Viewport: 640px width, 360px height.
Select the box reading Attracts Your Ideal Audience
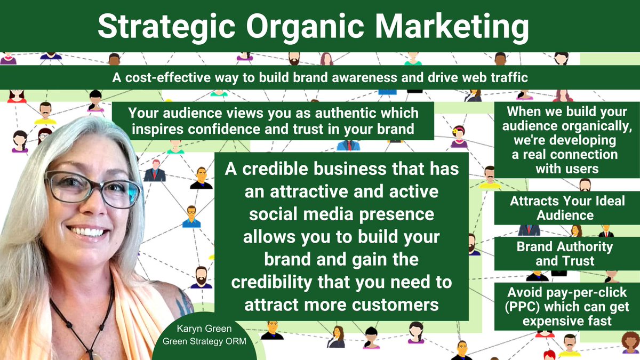(567, 209)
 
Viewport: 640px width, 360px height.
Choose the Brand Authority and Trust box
(565, 254)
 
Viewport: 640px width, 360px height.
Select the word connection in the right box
(587, 155)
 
